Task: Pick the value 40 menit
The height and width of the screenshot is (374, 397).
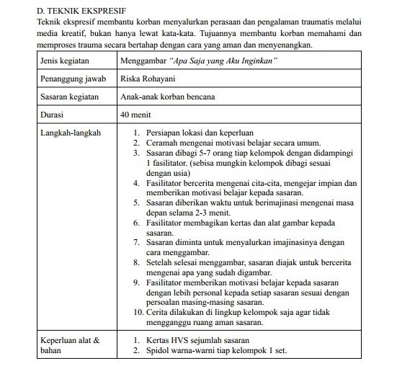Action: pyautogui.click(x=138, y=114)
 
